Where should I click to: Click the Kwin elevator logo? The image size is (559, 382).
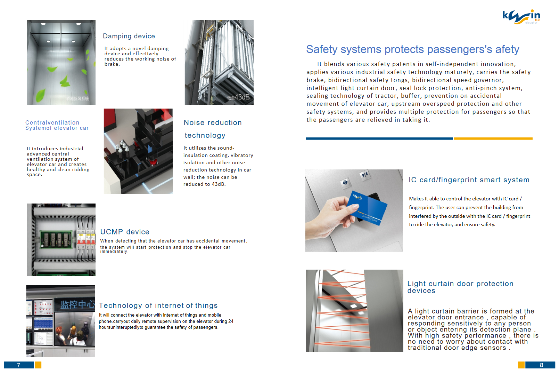point(521,17)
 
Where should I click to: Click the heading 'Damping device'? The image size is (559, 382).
point(129,36)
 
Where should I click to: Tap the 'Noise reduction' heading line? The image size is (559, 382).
point(213,122)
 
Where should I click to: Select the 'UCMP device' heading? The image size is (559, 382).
point(125,232)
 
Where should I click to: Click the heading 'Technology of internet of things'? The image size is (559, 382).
point(158,305)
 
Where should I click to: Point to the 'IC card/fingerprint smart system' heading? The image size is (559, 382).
point(469,180)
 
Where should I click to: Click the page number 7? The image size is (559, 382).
point(18,365)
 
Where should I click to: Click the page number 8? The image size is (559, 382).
point(542,365)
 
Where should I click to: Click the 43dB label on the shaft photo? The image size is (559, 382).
point(239,97)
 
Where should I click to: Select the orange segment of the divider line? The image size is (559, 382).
point(493,138)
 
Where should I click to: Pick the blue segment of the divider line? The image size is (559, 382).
point(379,138)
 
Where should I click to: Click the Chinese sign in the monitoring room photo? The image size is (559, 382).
point(77,304)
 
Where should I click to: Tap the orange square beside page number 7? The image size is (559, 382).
point(38,365)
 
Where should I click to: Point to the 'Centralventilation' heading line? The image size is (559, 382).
point(52,123)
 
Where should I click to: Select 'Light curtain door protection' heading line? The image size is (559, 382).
point(460,284)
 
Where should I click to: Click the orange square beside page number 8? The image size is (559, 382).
point(521,365)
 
